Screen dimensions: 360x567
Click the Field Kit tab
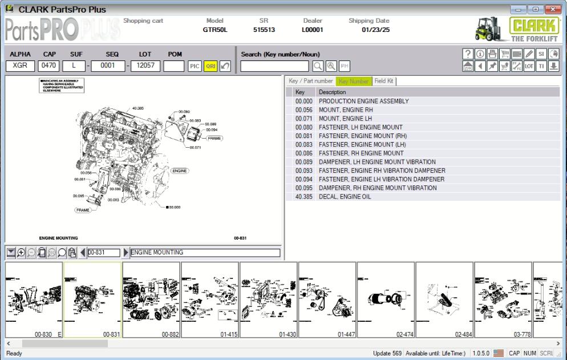[x=384, y=81]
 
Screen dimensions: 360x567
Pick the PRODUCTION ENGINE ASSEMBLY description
[x=364, y=101]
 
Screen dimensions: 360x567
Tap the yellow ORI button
[x=210, y=66]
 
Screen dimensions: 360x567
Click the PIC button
[x=195, y=66]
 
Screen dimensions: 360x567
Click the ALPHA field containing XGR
[x=20, y=66]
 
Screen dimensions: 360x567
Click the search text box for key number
[x=276, y=66]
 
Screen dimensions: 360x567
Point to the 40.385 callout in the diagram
[x=137, y=108]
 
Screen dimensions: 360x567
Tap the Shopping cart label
[x=143, y=21]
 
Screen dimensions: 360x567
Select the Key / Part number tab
[x=311, y=81]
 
